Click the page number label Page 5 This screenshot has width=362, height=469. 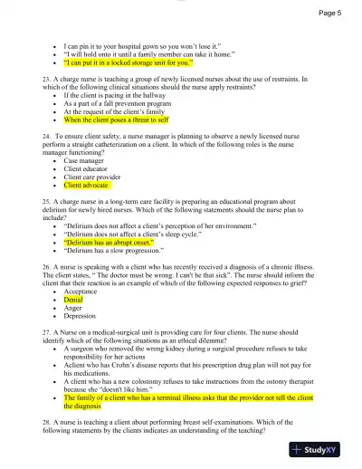tap(329, 14)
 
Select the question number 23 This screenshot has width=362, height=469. tap(46, 79)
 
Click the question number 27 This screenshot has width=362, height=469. tap(46, 331)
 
